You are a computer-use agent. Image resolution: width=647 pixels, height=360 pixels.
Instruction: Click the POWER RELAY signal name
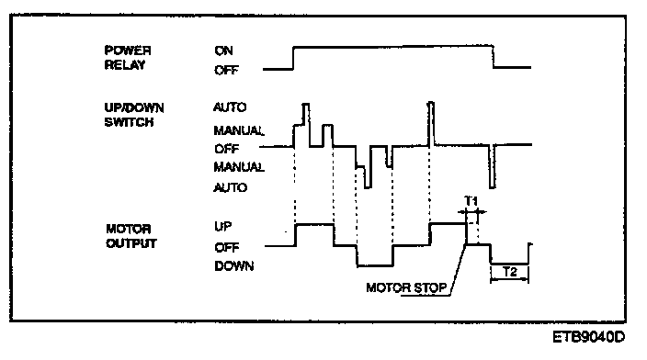128,58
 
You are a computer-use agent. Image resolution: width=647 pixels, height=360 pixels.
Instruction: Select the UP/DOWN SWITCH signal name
133,115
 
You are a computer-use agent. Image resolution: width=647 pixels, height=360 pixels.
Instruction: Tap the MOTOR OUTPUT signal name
131,236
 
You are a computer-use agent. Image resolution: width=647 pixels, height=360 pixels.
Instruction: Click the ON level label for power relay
223,51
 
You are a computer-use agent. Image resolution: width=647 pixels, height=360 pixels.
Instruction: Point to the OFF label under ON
226,70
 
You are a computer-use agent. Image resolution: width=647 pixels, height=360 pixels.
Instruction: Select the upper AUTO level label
230,107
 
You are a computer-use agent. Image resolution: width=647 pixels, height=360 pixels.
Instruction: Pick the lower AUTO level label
231,187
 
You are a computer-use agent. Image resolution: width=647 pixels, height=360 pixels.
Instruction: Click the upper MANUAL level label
239,130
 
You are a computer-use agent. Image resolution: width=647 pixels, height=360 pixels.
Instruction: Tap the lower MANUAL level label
239,166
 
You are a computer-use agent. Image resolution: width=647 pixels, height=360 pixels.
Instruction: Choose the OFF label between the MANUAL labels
226,149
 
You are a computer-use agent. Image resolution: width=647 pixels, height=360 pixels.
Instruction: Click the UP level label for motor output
222,227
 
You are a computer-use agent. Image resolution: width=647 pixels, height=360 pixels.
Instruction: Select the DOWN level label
234,266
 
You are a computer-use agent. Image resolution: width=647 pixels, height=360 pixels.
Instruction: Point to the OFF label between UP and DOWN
226,247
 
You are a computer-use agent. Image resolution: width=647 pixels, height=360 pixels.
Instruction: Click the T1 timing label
471,201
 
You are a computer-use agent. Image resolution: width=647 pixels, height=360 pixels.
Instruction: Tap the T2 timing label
510,272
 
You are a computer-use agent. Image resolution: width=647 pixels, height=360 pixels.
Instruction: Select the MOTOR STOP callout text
406,287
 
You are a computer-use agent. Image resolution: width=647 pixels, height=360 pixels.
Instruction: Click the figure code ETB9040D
589,337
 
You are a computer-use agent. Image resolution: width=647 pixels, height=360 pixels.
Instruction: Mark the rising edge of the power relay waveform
293,58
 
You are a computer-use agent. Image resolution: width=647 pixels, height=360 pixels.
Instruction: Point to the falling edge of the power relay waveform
494,56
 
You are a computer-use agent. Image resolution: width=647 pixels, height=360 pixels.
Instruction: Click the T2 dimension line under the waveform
509,279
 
